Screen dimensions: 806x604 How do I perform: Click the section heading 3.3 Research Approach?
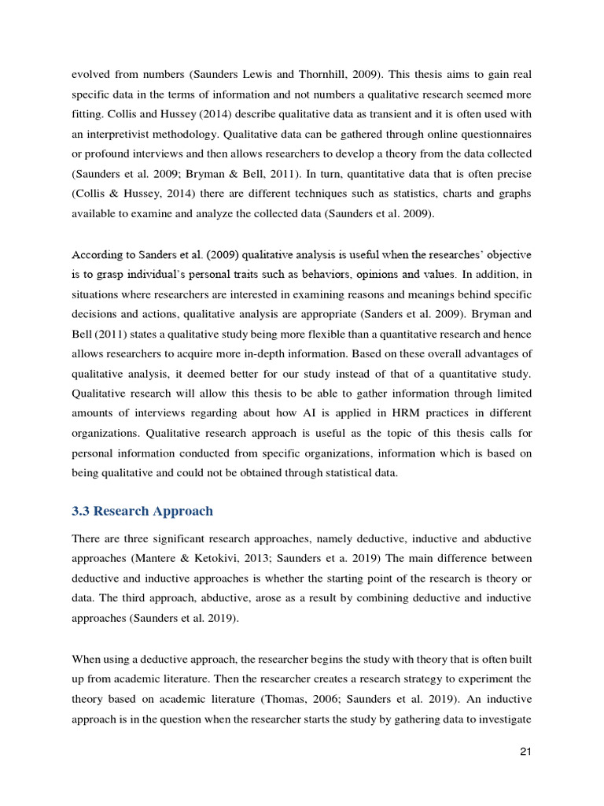coord(142,511)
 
